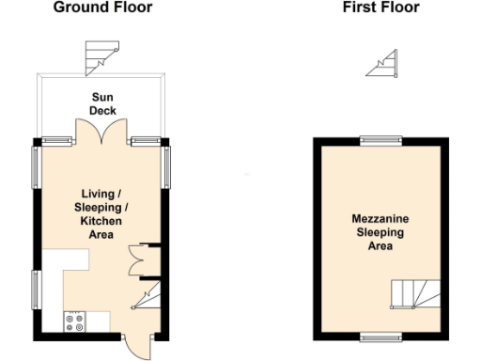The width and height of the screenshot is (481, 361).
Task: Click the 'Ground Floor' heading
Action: point(102,8)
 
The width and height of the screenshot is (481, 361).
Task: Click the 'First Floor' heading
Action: point(380,8)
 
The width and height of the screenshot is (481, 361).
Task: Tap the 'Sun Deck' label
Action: point(103,103)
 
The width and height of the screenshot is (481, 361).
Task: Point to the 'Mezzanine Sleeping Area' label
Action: point(380,232)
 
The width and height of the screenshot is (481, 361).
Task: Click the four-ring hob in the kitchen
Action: point(74,321)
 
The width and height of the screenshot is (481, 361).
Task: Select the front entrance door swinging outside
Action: point(135,345)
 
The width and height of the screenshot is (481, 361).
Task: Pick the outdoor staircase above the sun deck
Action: point(98,57)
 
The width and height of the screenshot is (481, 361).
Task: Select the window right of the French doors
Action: point(145,141)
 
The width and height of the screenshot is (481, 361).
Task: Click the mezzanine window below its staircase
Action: point(380,336)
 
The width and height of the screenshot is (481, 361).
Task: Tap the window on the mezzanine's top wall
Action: point(380,141)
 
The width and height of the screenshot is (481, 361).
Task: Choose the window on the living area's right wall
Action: point(168,167)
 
